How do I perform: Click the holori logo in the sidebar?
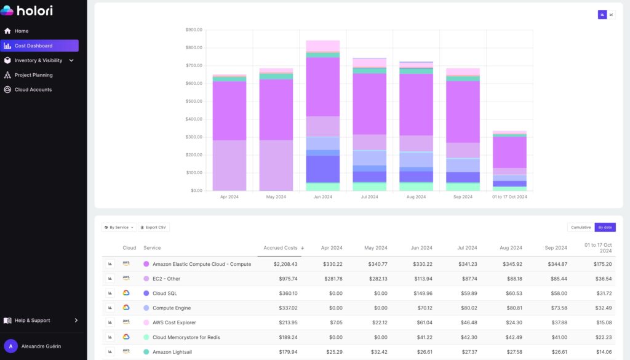27,10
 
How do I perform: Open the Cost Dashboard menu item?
33,46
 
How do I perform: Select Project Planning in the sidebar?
33,75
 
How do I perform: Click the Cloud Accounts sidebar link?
33,90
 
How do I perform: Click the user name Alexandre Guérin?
42,346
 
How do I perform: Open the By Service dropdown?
119,227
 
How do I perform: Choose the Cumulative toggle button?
581,227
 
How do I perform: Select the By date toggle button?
605,227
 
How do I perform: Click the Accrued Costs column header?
281,248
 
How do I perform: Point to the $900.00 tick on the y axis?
194,30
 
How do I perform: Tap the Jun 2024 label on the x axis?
322,197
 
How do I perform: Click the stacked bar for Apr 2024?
229,132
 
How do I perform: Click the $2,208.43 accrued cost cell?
285,264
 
